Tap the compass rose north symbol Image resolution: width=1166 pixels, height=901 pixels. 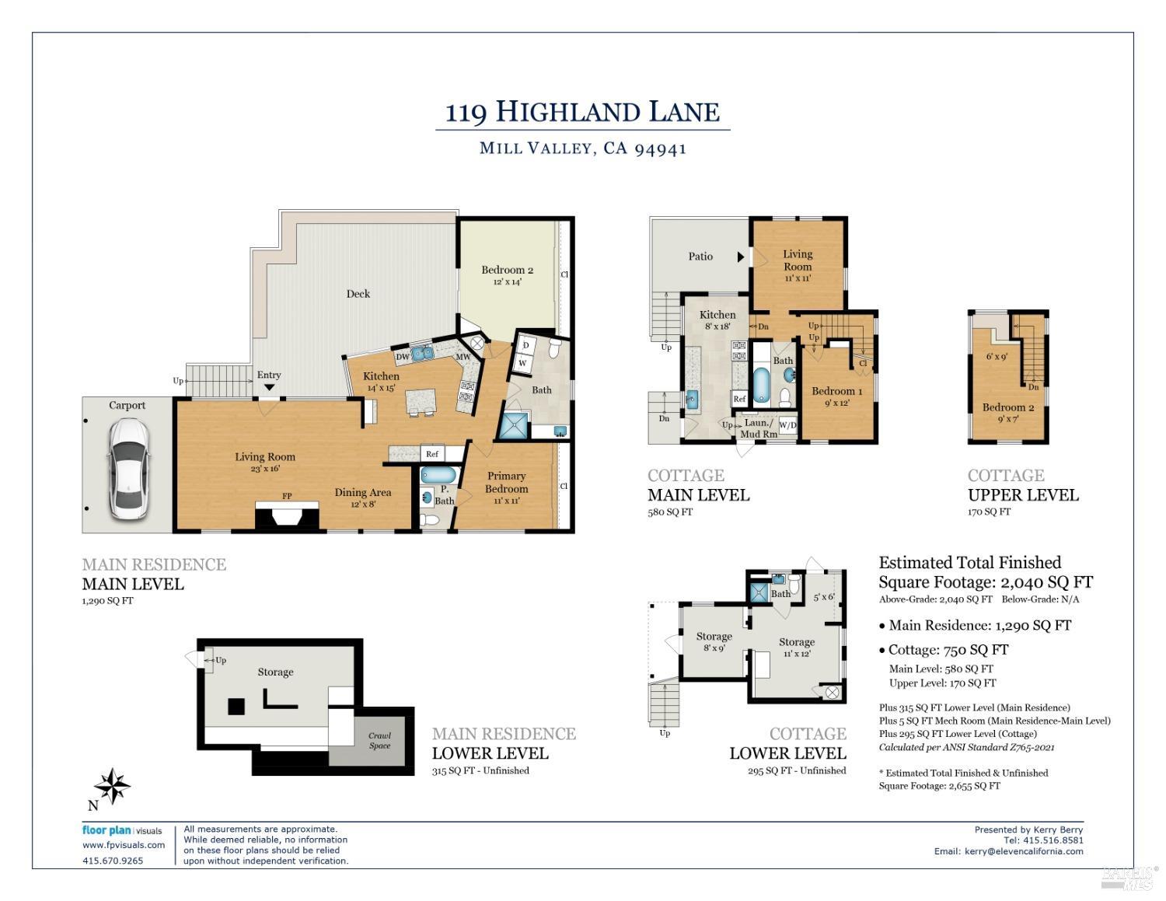click(x=113, y=786)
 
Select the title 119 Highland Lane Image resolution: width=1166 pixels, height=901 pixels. click(x=582, y=112)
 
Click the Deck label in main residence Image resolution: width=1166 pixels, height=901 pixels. click(x=358, y=294)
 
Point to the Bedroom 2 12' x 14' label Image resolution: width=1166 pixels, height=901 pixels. click(x=507, y=275)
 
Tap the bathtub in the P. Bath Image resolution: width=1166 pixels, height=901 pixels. click(x=438, y=474)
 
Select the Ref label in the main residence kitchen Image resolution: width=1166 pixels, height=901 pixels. click(x=432, y=454)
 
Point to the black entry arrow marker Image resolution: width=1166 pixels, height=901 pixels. click(x=269, y=387)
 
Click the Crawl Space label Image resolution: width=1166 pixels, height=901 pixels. click(x=379, y=741)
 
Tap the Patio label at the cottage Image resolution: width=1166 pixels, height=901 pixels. click(x=700, y=257)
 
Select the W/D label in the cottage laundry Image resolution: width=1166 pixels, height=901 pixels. click(x=787, y=425)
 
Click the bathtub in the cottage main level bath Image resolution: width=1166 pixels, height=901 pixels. click(x=761, y=386)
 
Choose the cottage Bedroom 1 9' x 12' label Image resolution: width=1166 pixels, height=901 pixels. click(x=837, y=396)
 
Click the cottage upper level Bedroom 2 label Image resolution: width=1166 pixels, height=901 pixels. click(x=1008, y=412)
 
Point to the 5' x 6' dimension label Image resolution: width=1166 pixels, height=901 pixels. click(x=823, y=597)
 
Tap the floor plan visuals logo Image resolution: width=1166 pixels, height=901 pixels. click(x=122, y=830)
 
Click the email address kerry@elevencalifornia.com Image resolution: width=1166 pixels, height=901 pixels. click(x=1024, y=851)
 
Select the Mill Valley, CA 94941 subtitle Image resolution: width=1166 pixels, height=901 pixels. click(x=582, y=148)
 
